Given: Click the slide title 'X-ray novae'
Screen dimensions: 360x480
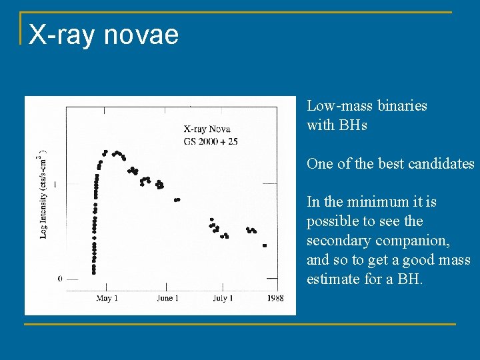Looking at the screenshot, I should click(103, 34).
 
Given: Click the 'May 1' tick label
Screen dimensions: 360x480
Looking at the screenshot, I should click(107, 298).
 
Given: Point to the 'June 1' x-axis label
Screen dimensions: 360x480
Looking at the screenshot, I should click(167, 298).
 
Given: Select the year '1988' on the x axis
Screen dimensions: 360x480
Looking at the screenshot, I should click(273, 298).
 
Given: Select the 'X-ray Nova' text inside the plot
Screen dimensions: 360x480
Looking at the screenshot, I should click(208, 129).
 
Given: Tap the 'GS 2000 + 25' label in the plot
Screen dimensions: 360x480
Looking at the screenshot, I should click(211, 141).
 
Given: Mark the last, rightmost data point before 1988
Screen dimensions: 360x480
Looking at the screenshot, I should click(265, 245).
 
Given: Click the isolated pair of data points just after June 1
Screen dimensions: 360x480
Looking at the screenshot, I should click(177, 199).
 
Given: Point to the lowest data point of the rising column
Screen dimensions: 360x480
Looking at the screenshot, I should click(94, 272).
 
